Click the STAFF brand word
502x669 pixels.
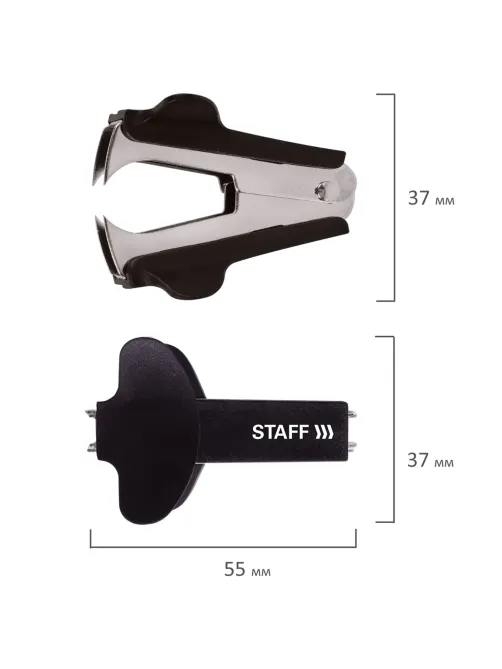(x=280, y=432)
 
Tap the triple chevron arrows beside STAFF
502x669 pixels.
(x=324, y=432)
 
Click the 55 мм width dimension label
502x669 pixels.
(x=247, y=569)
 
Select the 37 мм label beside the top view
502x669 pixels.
(x=431, y=198)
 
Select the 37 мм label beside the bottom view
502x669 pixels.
(x=430, y=460)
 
